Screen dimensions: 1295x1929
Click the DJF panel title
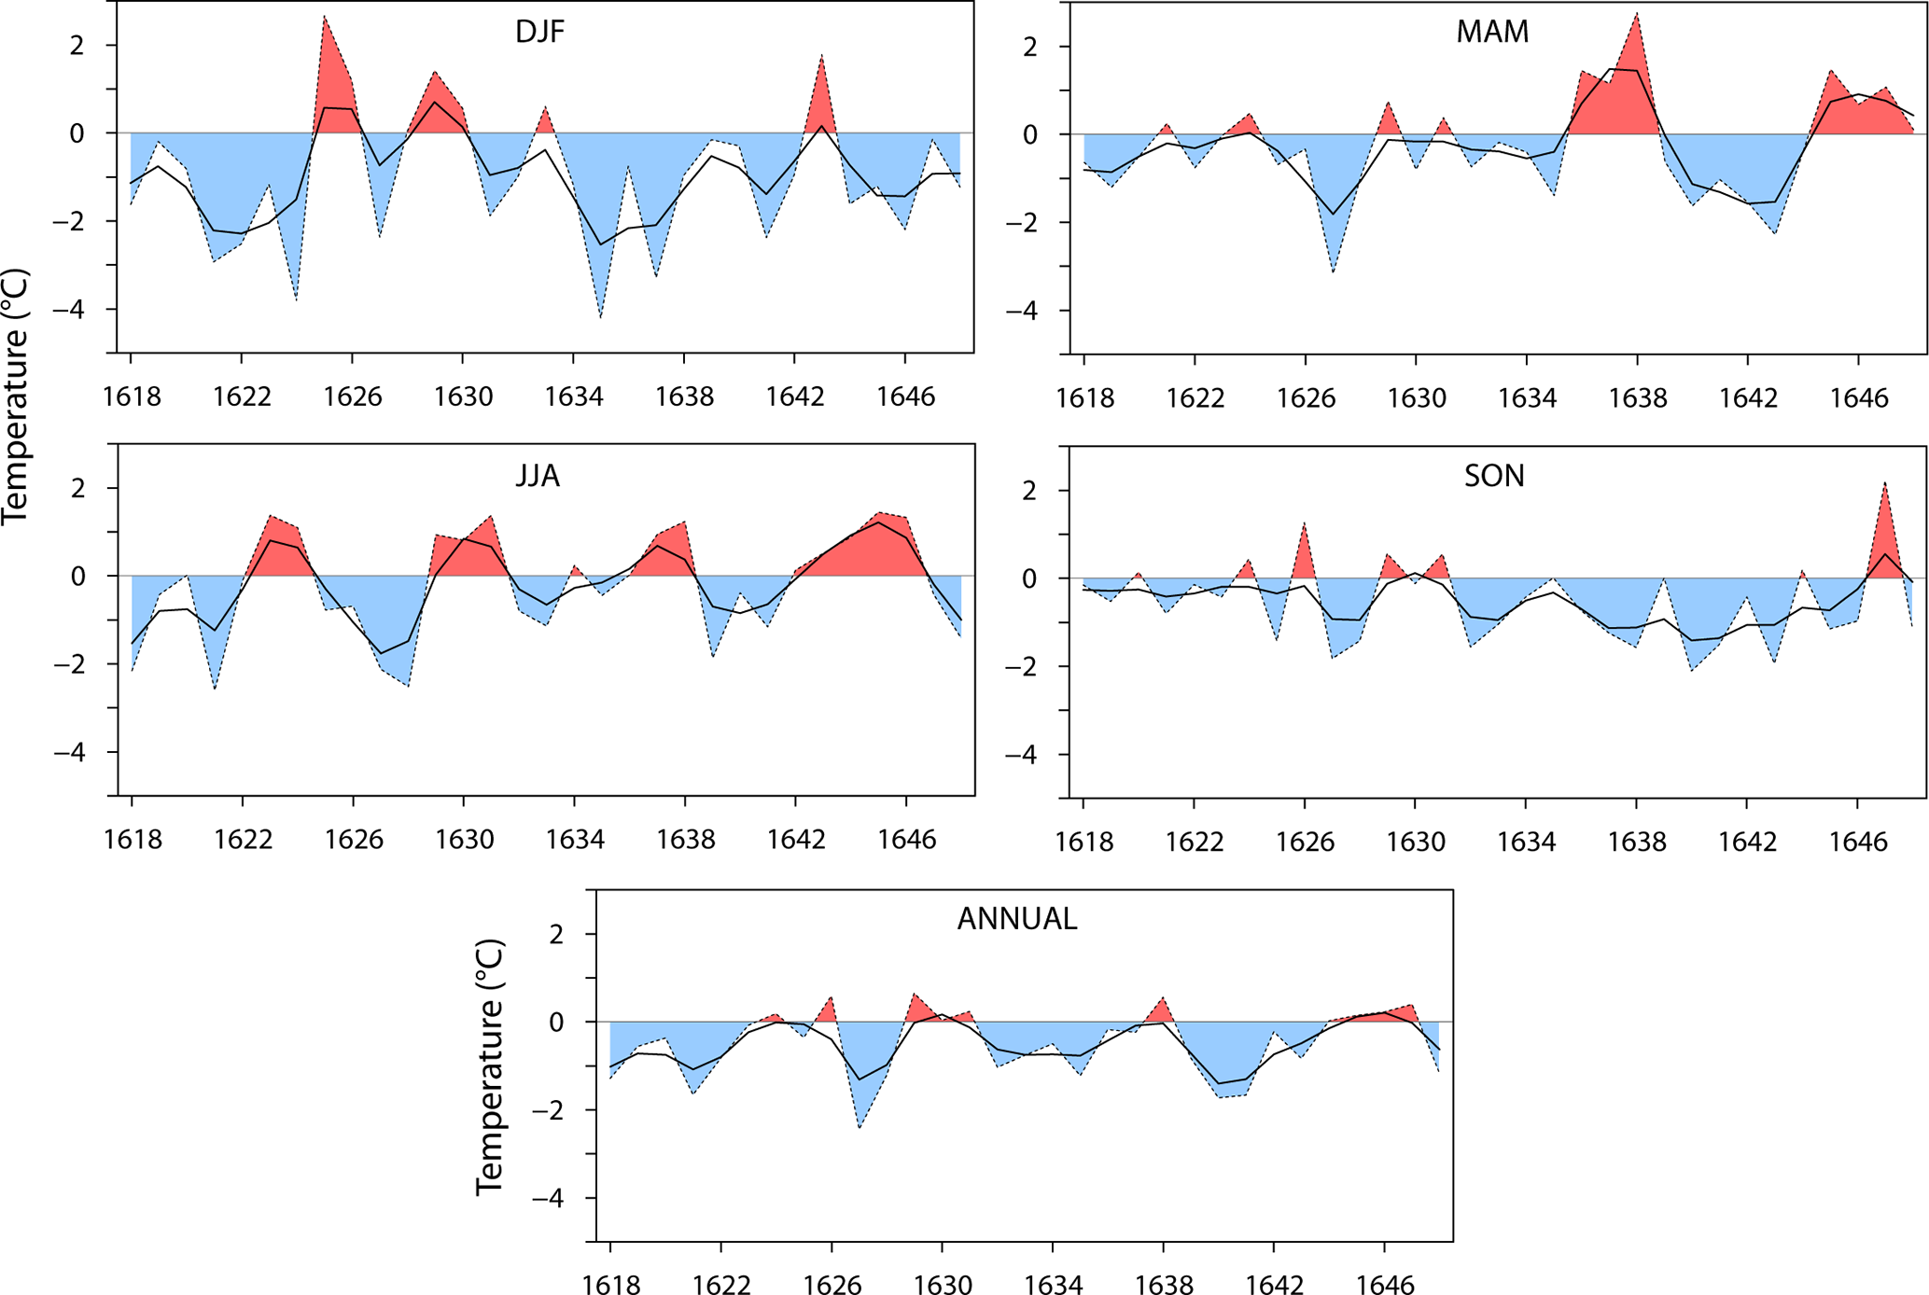(539, 33)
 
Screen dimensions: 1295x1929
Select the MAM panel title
(1492, 33)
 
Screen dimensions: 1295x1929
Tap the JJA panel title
(538, 477)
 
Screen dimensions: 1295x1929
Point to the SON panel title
(1493, 477)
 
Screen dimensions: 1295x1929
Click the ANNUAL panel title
(1016, 920)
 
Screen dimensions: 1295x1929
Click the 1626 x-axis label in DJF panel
(353, 397)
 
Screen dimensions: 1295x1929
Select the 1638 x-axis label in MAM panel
(1637, 399)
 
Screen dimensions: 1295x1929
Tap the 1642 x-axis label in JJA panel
(796, 841)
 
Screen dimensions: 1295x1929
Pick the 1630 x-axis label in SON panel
(1416, 843)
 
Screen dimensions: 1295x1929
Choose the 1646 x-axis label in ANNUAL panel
(1385, 1287)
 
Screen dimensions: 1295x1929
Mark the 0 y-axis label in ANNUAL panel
(556, 1023)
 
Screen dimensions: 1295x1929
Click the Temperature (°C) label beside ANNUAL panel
(491, 1067)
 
